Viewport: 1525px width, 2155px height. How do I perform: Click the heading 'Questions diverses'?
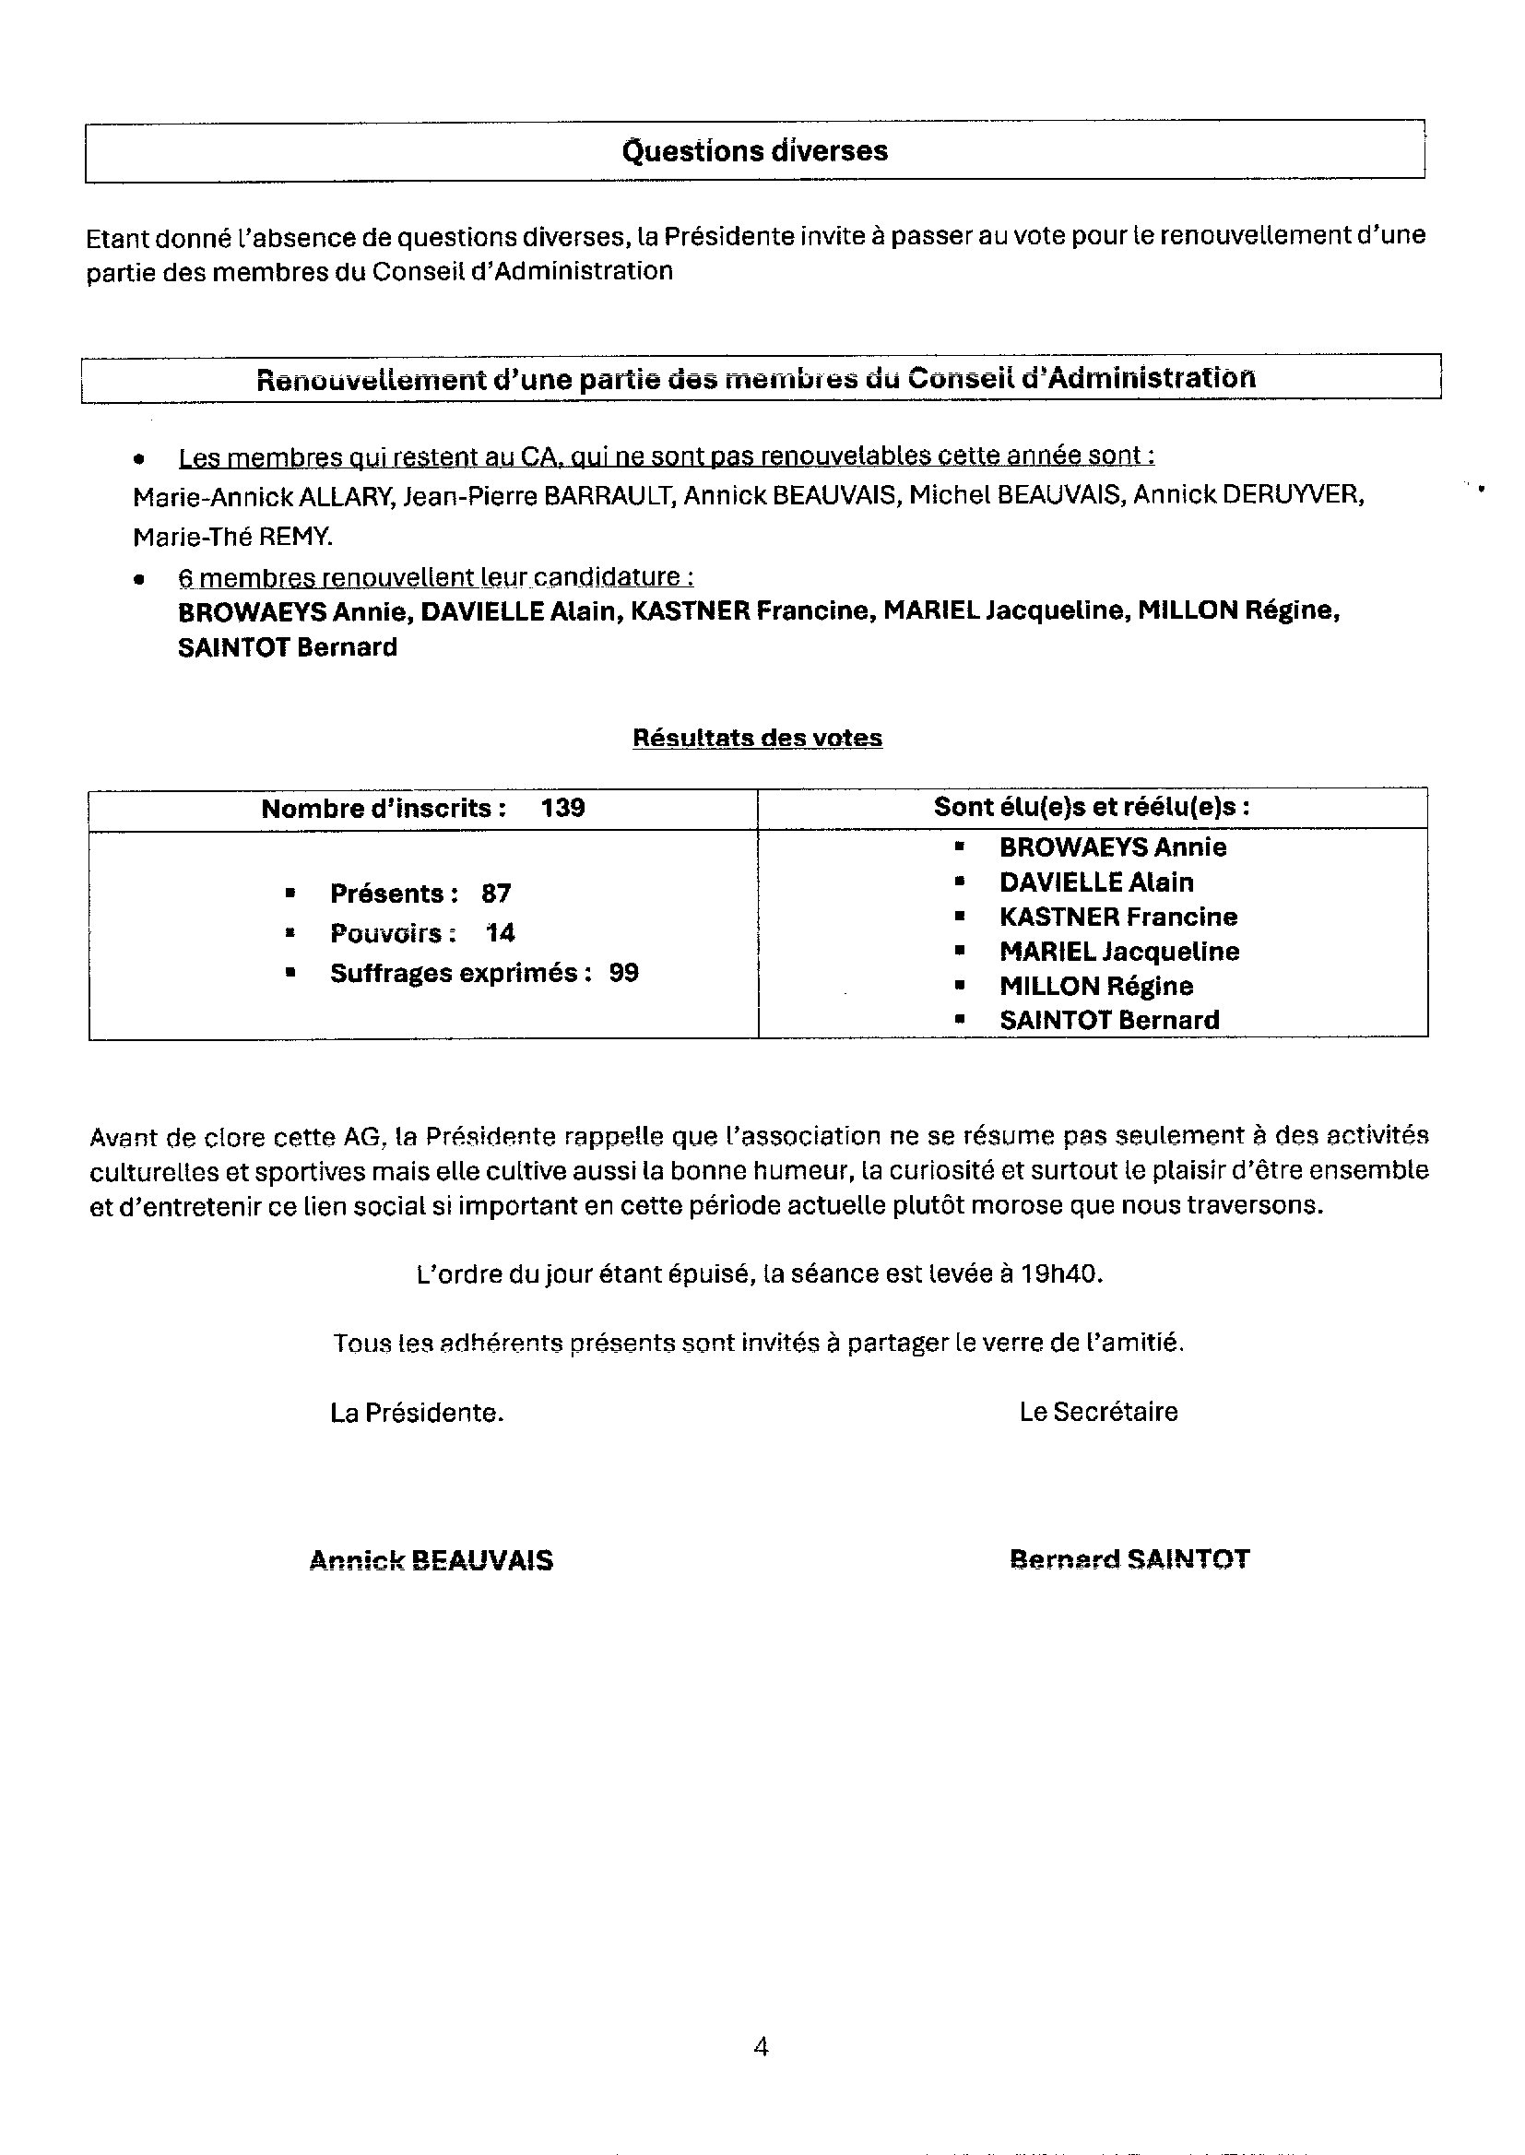pos(754,151)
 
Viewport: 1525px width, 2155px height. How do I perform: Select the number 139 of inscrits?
pos(562,809)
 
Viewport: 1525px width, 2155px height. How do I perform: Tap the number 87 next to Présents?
pos(496,893)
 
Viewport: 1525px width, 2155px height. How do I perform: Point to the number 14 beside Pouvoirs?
pos(500,933)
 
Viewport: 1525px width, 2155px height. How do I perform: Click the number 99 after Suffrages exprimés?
pos(623,973)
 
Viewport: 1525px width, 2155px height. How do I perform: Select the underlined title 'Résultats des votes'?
pos(757,738)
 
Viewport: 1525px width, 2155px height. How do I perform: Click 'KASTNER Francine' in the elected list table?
pos(1117,917)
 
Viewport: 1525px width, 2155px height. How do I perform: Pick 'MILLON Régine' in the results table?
pos(1096,986)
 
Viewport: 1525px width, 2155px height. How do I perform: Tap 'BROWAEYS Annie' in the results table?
pos(1112,847)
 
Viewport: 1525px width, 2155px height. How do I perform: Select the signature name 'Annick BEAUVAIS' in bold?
pos(431,1560)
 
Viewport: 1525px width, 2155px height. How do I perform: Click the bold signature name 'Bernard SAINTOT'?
pos(1129,1559)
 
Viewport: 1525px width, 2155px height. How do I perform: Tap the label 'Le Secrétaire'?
pos(1098,1413)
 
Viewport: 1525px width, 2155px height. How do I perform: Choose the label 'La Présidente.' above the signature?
pos(417,1414)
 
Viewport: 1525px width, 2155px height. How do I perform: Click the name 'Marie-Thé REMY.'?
pos(233,537)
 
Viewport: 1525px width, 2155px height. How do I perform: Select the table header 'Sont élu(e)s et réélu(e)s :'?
pos(1091,808)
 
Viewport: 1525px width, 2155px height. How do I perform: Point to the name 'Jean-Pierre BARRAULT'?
pos(539,495)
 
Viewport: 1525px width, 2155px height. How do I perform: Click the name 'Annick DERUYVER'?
pos(1248,495)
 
